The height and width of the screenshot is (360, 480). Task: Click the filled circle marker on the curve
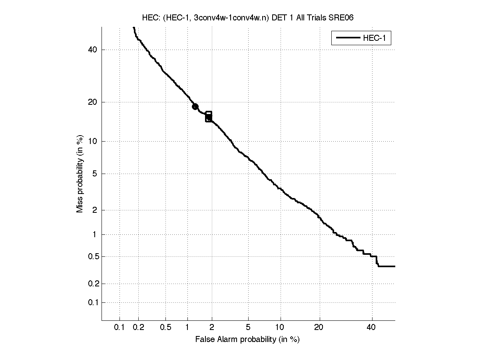click(195, 106)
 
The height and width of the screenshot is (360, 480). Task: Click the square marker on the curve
click(209, 116)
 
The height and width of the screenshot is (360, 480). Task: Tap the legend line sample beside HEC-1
click(348, 38)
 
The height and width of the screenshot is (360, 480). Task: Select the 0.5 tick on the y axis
click(92, 256)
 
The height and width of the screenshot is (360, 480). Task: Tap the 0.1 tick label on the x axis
click(120, 328)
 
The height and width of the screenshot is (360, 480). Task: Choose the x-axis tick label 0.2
click(139, 328)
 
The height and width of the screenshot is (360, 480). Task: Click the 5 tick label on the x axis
click(249, 328)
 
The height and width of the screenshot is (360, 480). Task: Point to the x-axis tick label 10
click(281, 328)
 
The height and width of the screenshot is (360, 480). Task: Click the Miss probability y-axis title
click(80, 173)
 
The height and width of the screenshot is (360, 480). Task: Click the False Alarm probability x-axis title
click(247, 340)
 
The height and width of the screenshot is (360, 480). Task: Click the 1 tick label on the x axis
click(187, 328)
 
